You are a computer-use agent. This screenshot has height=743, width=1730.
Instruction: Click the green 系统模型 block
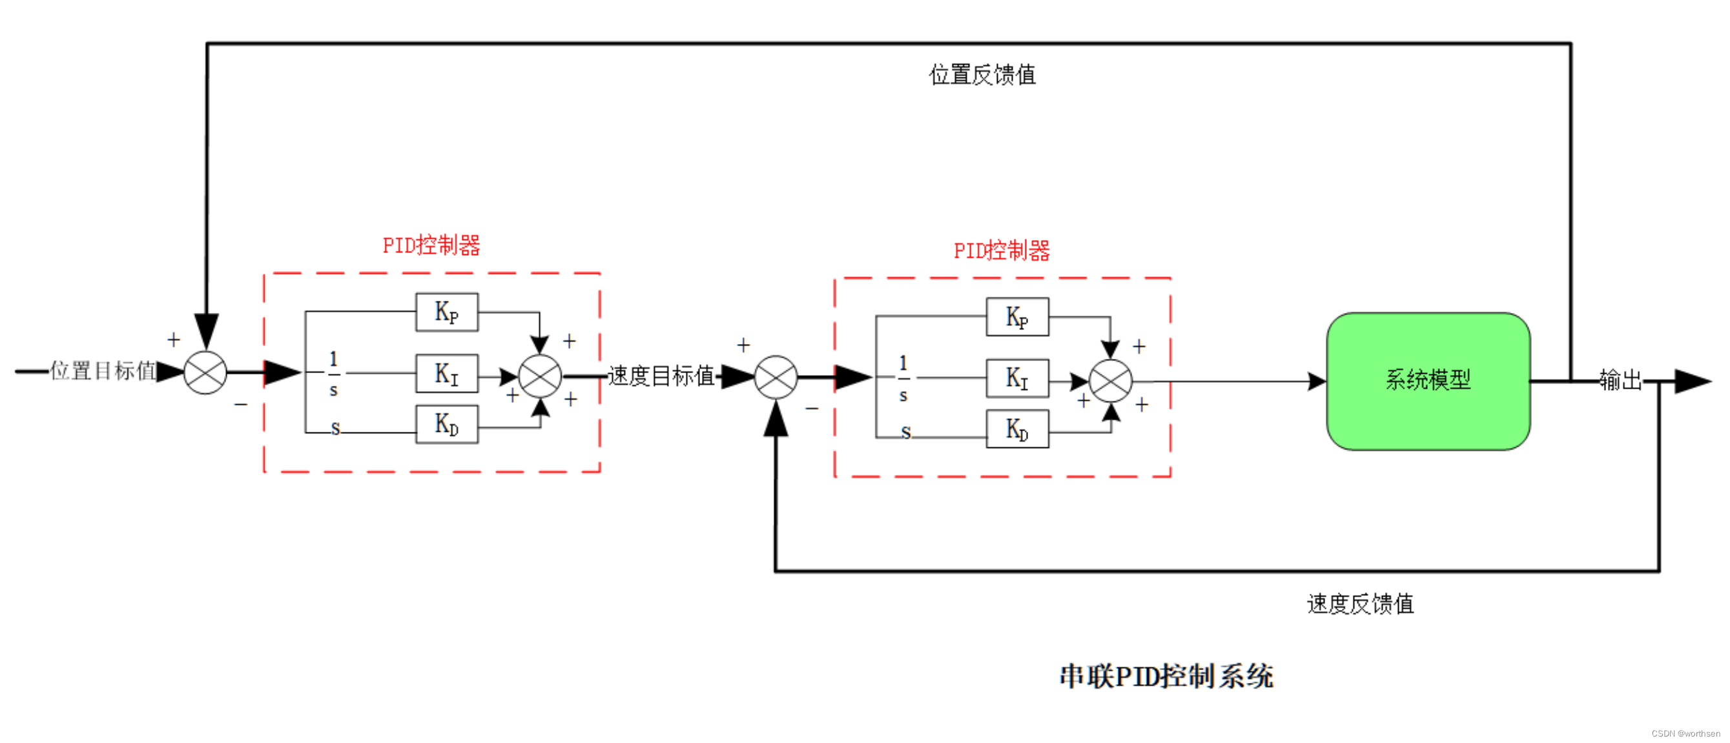[x=1428, y=382]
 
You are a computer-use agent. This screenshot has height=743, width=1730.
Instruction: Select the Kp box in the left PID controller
[x=447, y=312]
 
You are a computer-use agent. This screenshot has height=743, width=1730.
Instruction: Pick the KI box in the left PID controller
[x=447, y=373]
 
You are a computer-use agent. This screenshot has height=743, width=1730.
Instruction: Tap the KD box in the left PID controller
[x=447, y=424]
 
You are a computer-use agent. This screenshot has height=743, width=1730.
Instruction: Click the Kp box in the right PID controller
[x=1017, y=317]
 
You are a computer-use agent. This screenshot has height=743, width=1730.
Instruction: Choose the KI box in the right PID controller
[x=1017, y=378]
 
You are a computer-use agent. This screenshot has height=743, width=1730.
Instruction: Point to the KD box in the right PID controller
[x=1017, y=429]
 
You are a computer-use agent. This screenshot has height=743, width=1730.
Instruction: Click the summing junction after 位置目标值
[x=205, y=372]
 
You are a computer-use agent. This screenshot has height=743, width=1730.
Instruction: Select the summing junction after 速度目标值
[x=776, y=377]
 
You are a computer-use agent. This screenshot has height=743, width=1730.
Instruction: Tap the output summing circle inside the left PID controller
[x=540, y=376]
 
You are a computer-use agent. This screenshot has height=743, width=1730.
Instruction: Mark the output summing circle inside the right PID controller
[x=1110, y=382]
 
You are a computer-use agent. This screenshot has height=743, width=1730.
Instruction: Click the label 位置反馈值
[x=982, y=74]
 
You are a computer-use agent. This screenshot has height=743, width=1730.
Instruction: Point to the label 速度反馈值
[x=1360, y=604]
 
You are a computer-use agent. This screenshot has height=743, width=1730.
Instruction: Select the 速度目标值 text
[x=661, y=376]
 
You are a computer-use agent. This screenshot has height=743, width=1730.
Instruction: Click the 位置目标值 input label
[x=103, y=371]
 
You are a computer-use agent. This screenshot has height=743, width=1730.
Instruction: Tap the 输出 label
[x=1620, y=381]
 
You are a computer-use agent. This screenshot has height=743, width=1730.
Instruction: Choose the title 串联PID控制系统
[x=1166, y=677]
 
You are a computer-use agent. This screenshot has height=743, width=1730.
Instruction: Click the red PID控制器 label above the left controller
[x=431, y=246]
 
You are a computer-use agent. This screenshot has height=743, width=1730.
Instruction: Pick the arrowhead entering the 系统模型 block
[x=1317, y=382]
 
